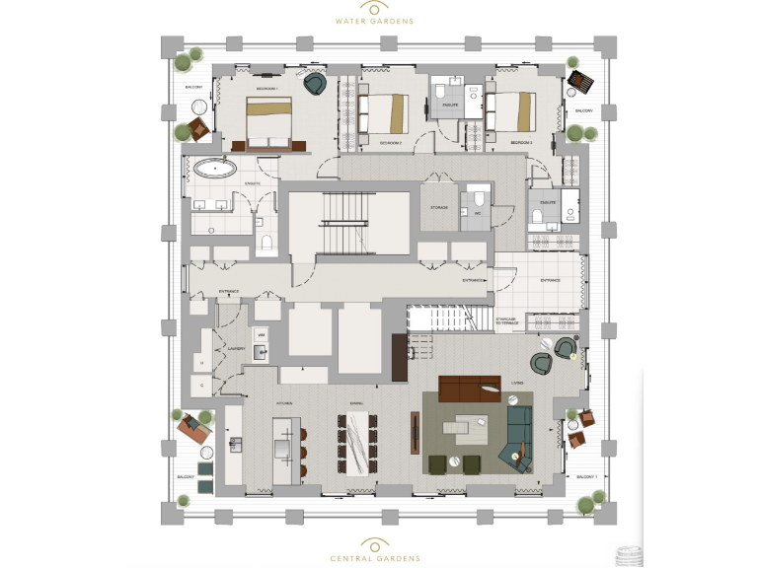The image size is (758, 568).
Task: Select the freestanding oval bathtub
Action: [x=212, y=168]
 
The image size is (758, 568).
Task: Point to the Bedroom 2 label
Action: [x=393, y=143]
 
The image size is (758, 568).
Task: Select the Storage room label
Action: [x=439, y=208]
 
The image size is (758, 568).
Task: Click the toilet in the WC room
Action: [x=479, y=195]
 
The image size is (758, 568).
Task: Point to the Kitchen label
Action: [x=285, y=403]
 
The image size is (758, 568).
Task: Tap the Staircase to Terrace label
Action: [x=507, y=320]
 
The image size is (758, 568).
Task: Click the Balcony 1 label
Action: [x=588, y=475]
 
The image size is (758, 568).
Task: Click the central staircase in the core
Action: [x=348, y=223]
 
